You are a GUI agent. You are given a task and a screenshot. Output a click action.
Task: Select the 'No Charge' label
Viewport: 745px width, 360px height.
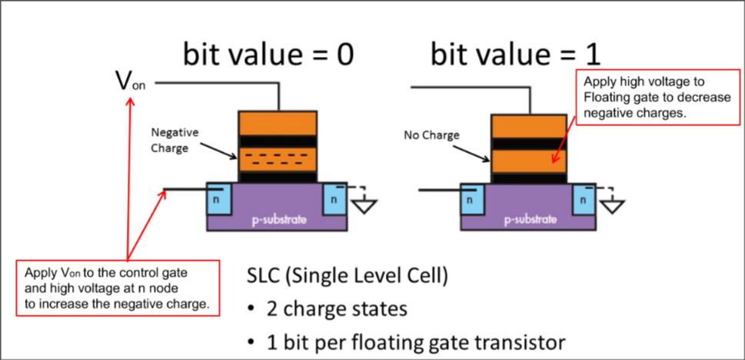[431, 135]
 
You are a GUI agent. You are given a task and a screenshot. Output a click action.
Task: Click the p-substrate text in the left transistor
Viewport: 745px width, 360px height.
[277, 220]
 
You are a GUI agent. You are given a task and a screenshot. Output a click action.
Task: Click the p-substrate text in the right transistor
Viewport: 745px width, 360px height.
[529, 220]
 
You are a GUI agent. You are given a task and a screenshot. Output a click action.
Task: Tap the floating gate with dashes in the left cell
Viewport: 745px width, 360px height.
[277, 160]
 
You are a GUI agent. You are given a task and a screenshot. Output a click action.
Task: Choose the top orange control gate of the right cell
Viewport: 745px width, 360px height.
[529, 125]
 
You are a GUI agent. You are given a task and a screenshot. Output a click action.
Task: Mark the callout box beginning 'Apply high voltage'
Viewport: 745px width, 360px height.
[647, 97]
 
